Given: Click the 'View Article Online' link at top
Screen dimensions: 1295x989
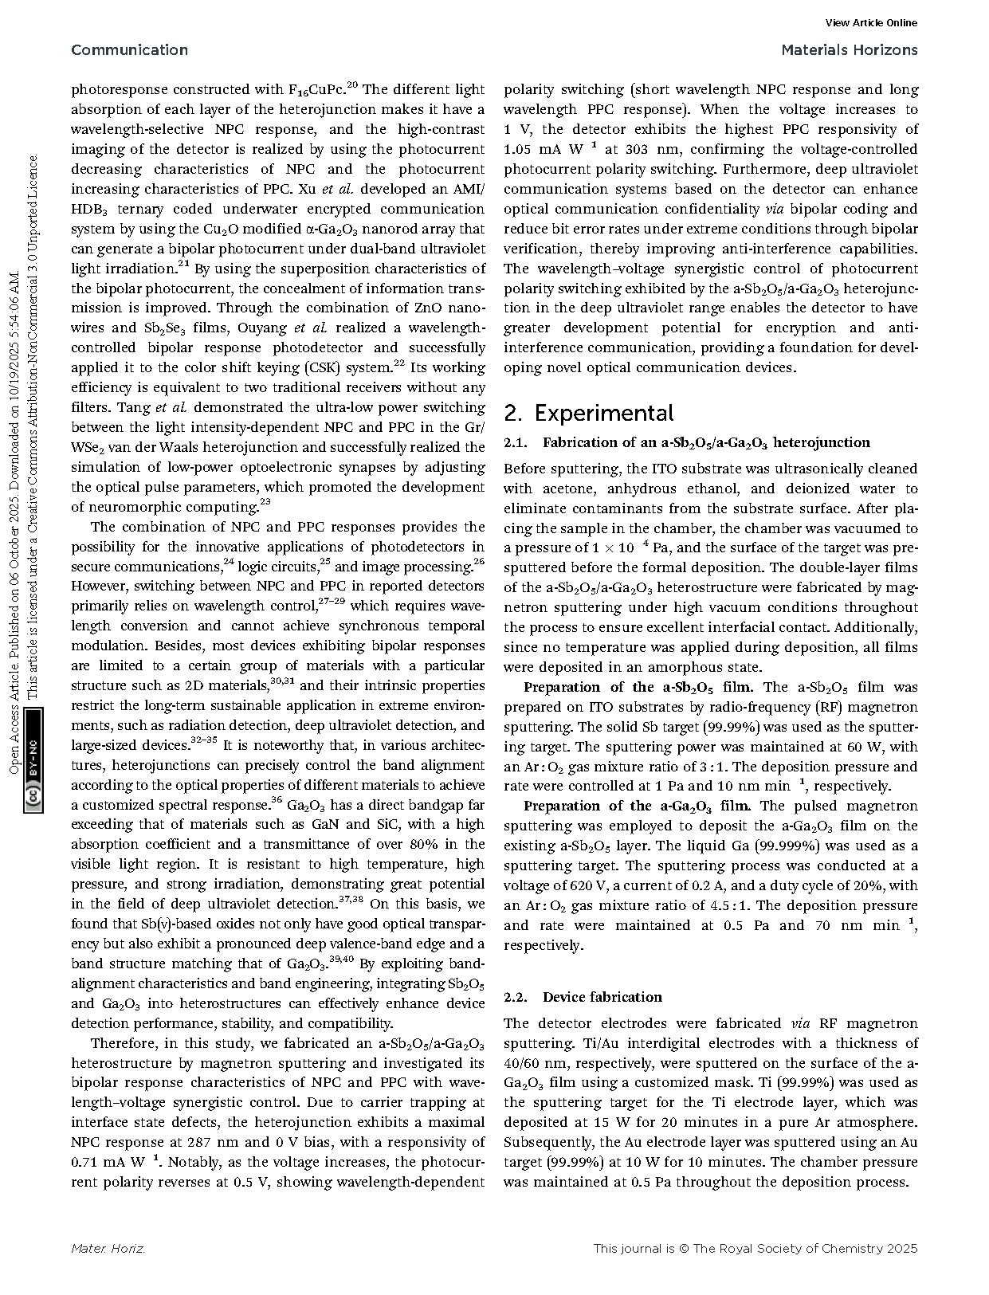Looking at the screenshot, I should (871, 23).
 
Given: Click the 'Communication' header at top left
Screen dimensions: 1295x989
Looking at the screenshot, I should (129, 50).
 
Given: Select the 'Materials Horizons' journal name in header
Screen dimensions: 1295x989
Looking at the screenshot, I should (849, 50).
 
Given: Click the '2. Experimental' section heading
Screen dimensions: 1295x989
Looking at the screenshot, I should (589, 413).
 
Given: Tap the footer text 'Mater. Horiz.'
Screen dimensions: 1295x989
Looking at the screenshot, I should (108, 1249).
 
